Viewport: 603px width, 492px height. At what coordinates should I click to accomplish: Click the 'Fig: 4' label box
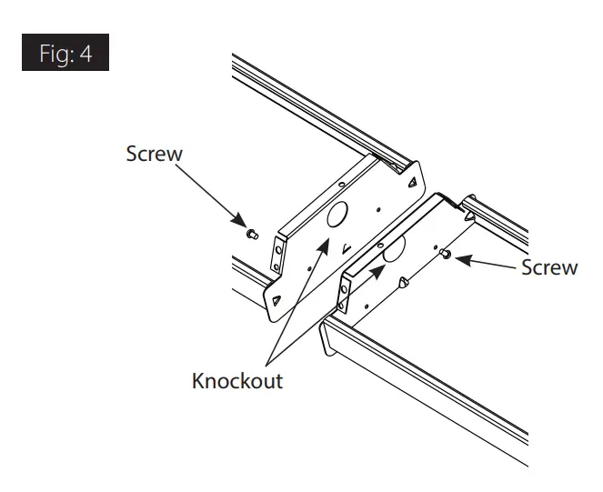[x=63, y=53]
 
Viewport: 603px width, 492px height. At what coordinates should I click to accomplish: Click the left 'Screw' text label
[x=154, y=153]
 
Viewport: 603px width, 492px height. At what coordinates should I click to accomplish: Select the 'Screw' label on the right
[x=548, y=266]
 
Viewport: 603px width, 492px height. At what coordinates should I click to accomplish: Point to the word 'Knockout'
[x=237, y=380]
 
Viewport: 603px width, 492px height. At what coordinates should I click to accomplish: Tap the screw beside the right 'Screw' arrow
[x=446, y=256]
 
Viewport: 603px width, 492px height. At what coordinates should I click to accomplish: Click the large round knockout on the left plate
[x=334, y=216]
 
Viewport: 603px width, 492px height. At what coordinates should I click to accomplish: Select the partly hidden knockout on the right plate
[x=393, y=249]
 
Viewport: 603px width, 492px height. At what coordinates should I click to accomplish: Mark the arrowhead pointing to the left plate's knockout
[x=323, y=238]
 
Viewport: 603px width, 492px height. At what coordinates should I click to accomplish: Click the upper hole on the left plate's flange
[x=273, y=252]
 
